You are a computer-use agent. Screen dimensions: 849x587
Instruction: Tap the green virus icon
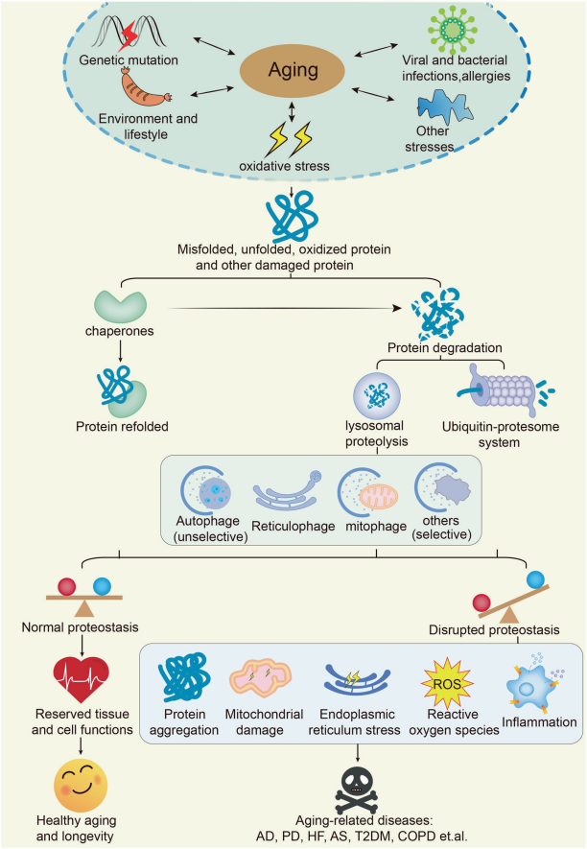[x=447, y=28]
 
